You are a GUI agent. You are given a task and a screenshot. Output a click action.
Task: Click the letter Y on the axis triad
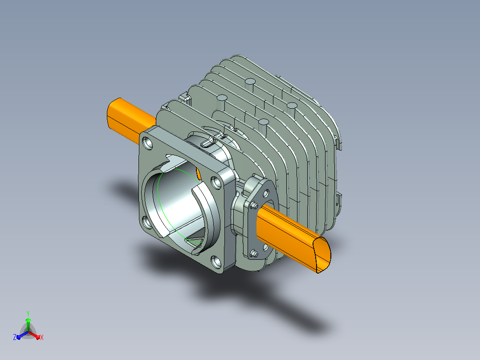point(28,313)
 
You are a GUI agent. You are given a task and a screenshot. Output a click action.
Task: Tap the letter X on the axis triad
point(42,337)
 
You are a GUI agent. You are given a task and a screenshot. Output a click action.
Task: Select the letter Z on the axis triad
point(14,337)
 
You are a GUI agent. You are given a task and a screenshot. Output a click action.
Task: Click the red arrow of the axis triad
point(35,335)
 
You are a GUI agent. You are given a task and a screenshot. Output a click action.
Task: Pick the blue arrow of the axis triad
point(22,335)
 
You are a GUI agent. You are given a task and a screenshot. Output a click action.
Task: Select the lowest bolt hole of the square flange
point(216,262)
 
